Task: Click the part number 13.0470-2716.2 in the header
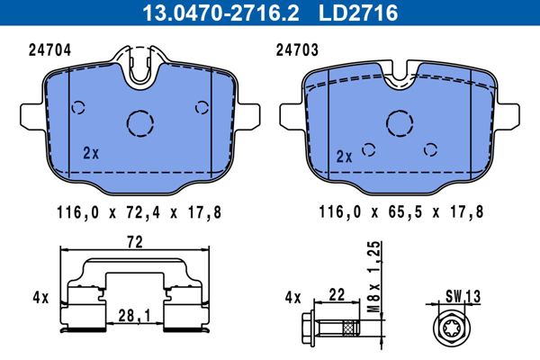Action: pyautogui.click(x=220, y=13)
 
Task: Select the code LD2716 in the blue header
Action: pyautogui.click(x=358, y=13)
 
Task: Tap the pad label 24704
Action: pyautogui.click(x=49, y=50)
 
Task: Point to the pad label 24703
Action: pyautogui.click(x=297, y=50)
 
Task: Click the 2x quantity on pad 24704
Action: pyautogui.click(x=91, y=153)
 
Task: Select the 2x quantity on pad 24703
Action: pyautogui.click(x=344, y=157)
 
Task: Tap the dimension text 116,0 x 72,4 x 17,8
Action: pyautogui.click(x=139, y=212)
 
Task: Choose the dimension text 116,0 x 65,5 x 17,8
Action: pyautogui.click(x=401, y=211)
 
